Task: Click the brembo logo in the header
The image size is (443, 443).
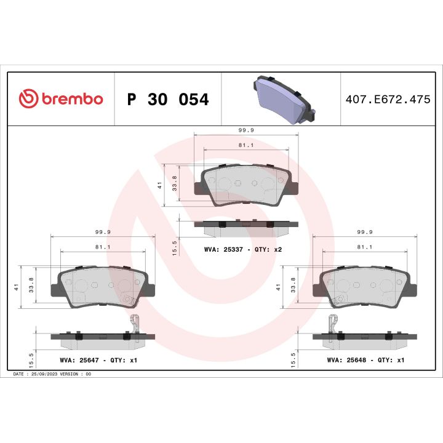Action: [60, 99]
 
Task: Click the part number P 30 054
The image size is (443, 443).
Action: [167, 100]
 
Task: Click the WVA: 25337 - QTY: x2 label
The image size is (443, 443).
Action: [242, 250]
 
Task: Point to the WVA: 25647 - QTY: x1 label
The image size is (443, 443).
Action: [98, 360]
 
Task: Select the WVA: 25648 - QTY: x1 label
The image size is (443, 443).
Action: [365, 360]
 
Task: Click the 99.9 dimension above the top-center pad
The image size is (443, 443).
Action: [245, 130]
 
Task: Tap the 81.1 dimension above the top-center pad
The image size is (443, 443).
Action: [245, 145]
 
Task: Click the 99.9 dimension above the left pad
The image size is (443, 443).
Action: [102, 232]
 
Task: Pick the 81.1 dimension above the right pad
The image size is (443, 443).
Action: [364, 247]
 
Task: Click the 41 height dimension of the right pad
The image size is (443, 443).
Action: [279, 287]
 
